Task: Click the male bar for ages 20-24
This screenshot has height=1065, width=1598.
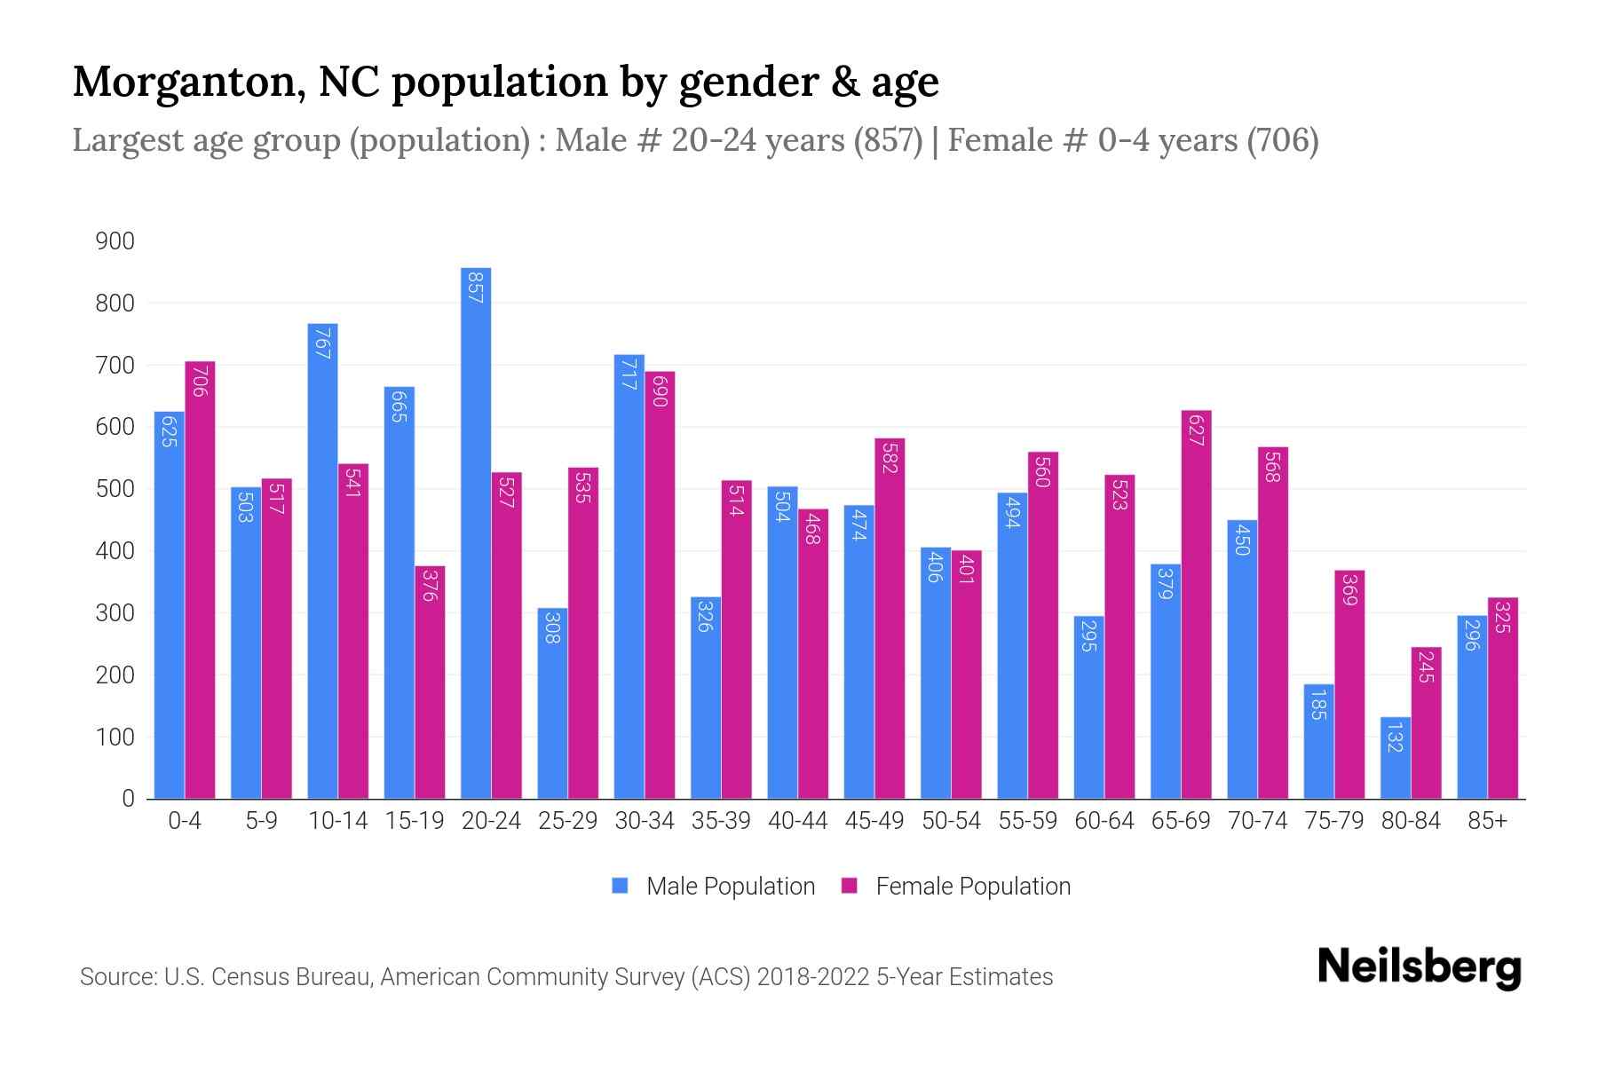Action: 476,532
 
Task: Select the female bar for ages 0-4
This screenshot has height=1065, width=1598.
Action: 200,580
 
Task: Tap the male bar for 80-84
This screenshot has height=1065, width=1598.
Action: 1396,758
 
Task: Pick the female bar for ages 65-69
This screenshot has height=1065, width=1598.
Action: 1196,604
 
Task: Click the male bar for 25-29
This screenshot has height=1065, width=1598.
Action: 552,703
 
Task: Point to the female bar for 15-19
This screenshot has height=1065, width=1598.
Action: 430,682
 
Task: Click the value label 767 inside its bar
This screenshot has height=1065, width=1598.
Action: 322,343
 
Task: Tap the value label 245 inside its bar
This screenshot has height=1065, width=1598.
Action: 1426,667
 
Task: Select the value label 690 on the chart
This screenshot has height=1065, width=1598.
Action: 659,390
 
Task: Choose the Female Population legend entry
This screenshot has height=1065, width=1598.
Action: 956,887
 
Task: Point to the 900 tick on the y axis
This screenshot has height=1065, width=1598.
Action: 115,241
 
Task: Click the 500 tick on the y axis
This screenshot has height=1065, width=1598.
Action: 115,489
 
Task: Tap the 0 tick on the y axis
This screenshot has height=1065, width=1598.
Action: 128,799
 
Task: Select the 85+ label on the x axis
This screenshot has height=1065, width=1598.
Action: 1487,821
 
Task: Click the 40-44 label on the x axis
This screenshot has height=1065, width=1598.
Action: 797,821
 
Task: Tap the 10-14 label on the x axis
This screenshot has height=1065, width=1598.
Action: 337,821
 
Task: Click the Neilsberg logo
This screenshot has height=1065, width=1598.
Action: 1419,967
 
